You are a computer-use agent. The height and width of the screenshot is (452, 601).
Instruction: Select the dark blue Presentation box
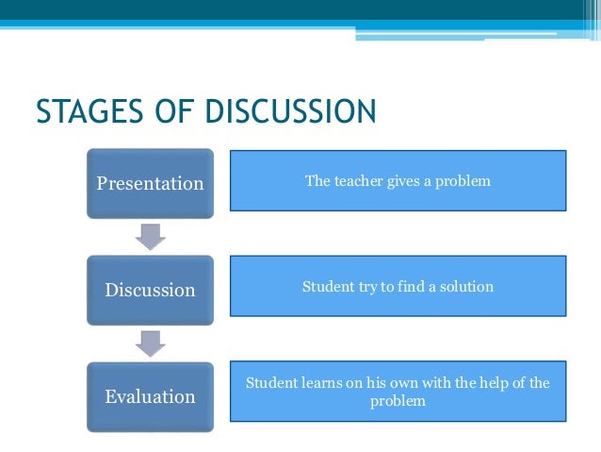point(151,183)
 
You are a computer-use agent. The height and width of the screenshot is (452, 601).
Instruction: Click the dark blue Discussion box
point(151,290)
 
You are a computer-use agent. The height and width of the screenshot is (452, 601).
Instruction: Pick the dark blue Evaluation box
point(151,396)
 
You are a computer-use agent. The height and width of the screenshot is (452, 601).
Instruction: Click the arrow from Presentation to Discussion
point(151,237)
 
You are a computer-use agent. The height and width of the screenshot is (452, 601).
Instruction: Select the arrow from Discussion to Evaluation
point(151,343)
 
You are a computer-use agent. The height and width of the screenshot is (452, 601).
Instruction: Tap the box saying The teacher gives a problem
point(398,180)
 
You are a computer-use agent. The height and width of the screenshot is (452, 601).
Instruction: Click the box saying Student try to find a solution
point(398,286)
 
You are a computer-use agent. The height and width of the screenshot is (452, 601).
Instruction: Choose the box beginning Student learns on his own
point(398,392)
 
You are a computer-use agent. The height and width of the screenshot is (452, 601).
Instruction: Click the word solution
point(467,286)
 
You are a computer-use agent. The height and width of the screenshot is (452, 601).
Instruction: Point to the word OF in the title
point(164,110)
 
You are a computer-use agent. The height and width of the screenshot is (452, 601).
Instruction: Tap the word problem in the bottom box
point(398,401)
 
